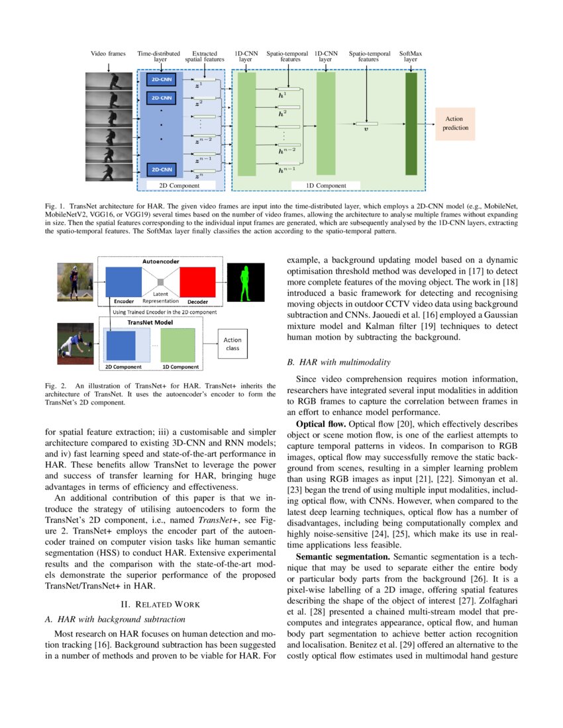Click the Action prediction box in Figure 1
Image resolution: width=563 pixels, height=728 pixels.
(455, 123)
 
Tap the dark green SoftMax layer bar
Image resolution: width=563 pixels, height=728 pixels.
(411, 124)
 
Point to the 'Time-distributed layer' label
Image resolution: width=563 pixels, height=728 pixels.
(160, 56)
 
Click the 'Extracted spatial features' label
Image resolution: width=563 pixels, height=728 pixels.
(204, 56)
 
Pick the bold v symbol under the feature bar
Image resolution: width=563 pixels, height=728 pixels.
(366, 130)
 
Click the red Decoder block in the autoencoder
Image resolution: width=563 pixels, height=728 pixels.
(197, 282)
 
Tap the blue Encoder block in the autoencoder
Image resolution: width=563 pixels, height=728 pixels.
(124, 282)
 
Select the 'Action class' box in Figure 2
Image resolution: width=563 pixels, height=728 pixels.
(232, 344)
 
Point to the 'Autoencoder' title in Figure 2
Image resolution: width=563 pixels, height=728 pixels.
(161, 261)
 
